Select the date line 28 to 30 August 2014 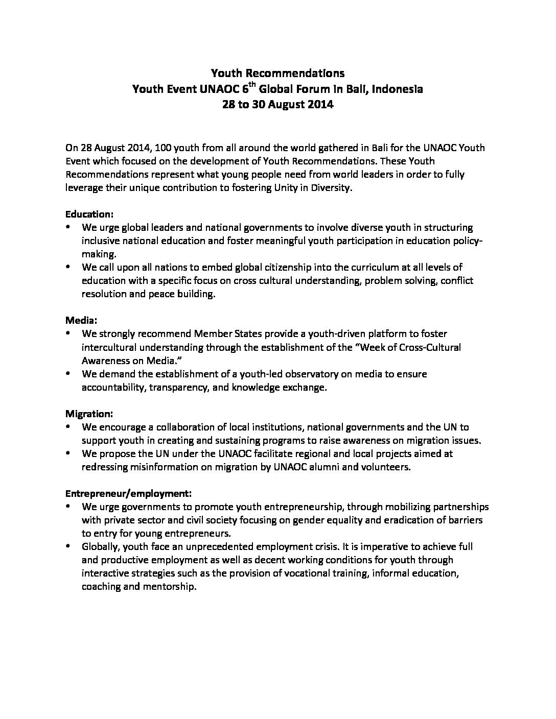click(277, 105)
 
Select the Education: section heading click(89, 214)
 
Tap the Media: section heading click(81, 321)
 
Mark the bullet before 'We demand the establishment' click(68, 374)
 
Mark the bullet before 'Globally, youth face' click(68, 546)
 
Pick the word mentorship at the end click(172, 587)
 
